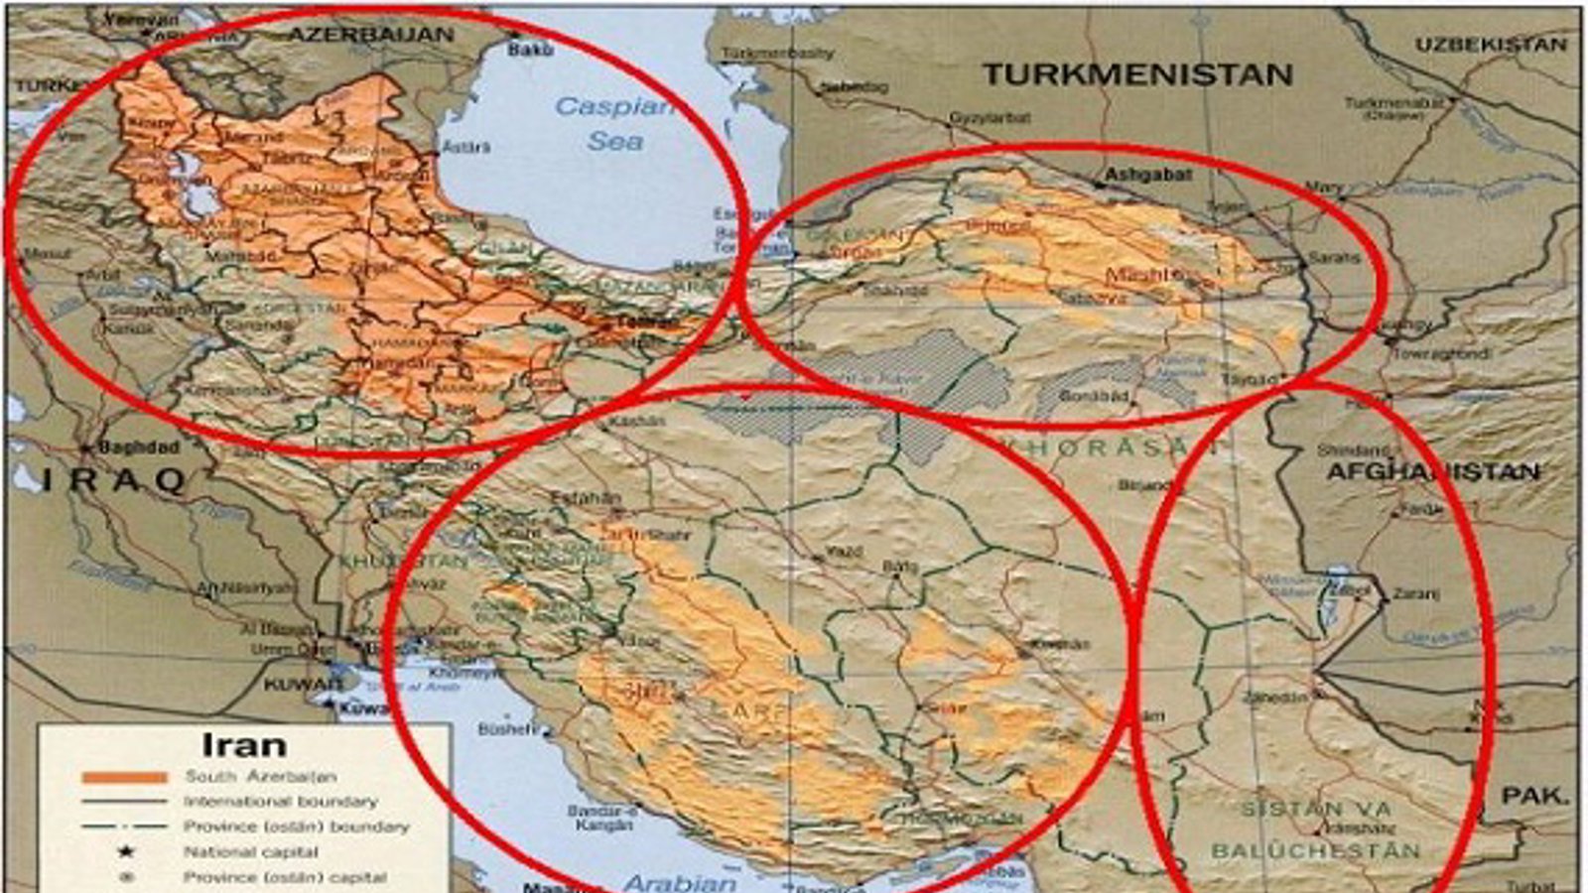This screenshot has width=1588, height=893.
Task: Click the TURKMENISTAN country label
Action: [1137, 74]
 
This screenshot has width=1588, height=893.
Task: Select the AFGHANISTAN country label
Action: [1433, 471]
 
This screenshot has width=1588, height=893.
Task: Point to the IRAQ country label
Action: [114, 481]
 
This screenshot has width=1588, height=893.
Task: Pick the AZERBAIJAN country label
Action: [370, 35]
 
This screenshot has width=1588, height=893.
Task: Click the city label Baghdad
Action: [139, 447]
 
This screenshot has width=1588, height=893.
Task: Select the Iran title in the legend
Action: [243, 744]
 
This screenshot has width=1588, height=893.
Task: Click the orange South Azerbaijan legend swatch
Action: [124, 777]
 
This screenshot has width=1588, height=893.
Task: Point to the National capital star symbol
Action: [126, 851]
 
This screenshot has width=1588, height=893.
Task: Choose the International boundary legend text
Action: [281, 801]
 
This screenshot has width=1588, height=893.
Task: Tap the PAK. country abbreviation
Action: [1534, 796]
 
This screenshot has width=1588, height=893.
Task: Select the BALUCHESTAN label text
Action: [1315, 850]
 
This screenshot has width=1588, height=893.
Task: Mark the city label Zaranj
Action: [1415, 594]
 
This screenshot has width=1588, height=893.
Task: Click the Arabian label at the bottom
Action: [681, 882]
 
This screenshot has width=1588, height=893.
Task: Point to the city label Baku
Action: [530, 48]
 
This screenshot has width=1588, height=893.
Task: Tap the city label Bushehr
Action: [506, 729]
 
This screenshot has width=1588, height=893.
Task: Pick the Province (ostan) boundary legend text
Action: [296, 827]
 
